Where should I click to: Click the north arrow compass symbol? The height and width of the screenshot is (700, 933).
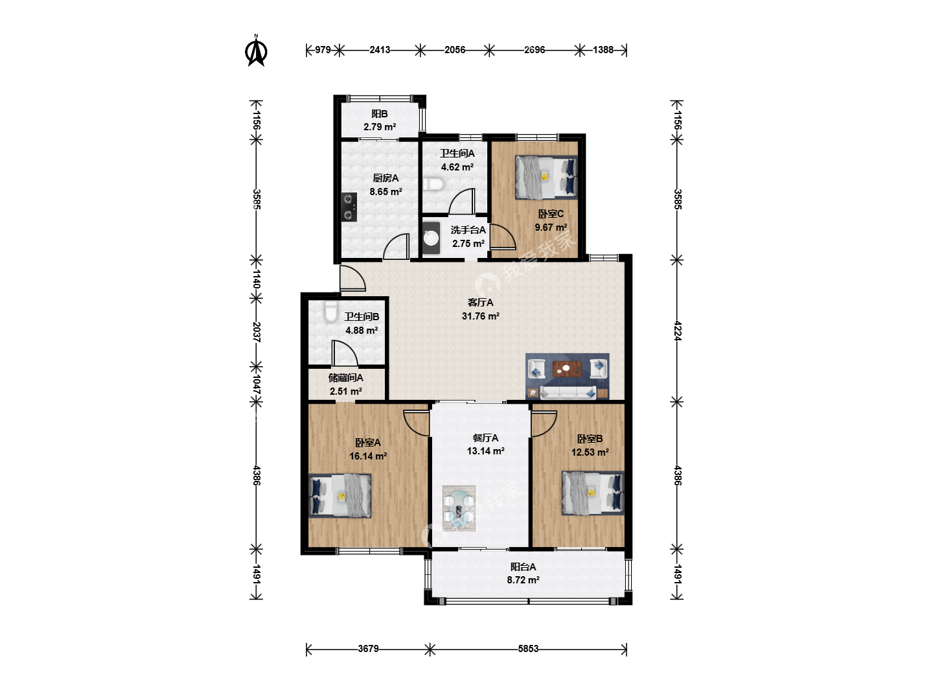(x=256, y=51)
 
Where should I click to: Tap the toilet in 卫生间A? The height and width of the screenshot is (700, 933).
(x=434, y=184)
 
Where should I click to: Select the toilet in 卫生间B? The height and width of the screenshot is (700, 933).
(x=330, y=312)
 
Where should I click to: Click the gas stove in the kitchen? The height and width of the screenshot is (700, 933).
(x=349, y=207)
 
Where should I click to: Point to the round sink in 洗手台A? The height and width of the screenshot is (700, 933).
(x=431, y=238)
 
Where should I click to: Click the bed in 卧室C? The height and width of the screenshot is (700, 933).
(x=546, y=177)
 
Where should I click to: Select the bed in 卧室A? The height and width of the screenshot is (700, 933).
(x=340, y=496)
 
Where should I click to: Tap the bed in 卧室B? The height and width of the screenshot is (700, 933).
(x=593, y=493)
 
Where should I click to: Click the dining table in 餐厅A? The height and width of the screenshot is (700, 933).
(x=459, y=508)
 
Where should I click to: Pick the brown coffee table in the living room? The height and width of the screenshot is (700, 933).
(x=568, y=369)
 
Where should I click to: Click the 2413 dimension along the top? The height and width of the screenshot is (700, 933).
(x=380, y=50)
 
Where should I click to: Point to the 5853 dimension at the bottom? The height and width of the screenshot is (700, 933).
(x=528, y=649)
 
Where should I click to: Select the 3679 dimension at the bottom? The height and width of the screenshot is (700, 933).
(x=368, y=649)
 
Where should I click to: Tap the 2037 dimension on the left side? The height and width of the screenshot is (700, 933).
(x=257, y=332)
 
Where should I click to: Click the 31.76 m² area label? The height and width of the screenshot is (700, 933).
(x=480, y=316)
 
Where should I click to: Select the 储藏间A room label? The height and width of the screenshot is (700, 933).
(x=345, y=378)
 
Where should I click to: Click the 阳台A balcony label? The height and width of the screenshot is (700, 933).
(x=523, y=567)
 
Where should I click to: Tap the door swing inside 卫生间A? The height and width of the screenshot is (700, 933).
(x=462, y=202)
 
